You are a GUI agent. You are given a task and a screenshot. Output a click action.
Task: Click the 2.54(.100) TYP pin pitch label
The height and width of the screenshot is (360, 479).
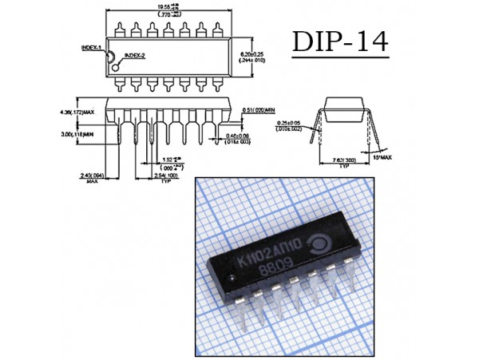[166, 175]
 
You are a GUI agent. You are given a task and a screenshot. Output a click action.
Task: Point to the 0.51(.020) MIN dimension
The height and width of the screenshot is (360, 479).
[258, 110]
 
